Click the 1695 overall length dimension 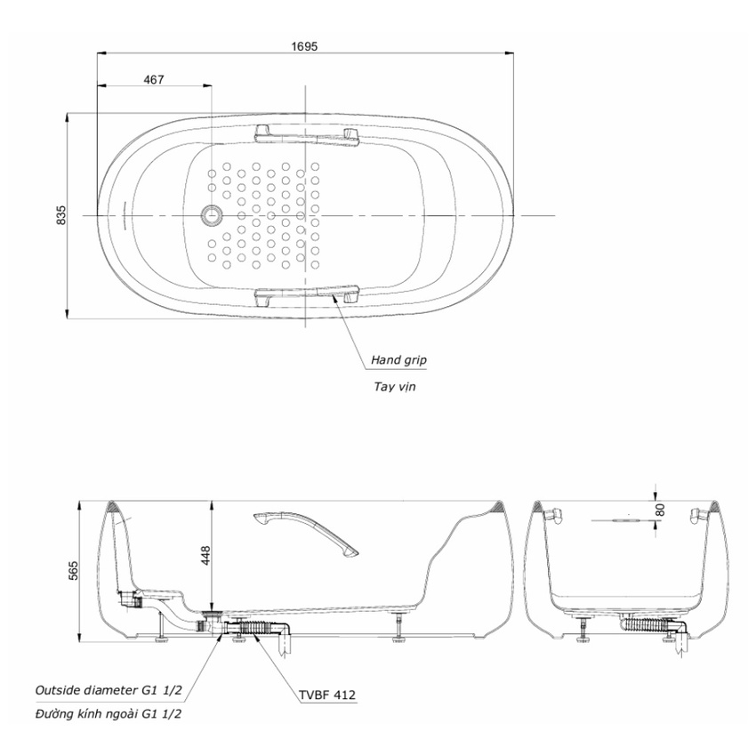305,46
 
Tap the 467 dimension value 154,79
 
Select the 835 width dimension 61,215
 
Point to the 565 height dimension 73,570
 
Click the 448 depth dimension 205,555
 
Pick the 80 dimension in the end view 661,510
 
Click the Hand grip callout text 398,359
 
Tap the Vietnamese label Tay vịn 394,386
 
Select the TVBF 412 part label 327,695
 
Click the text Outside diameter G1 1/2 109,690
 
